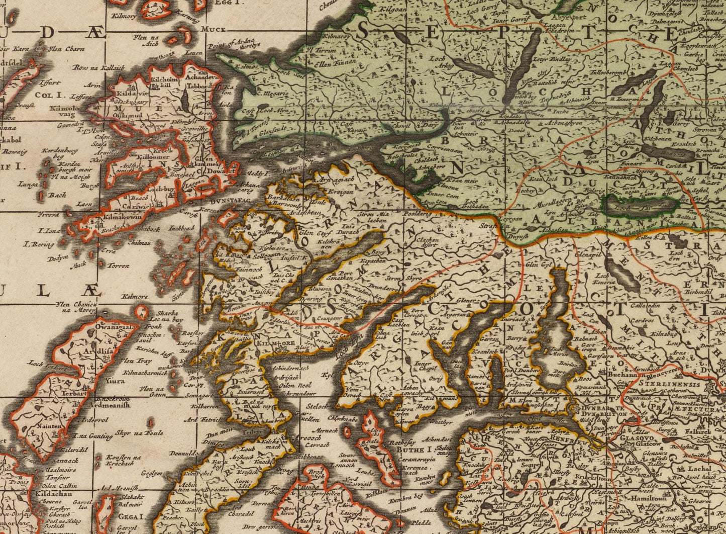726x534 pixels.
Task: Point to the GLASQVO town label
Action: pos(632,437)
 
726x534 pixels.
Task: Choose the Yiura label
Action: pos(115,381)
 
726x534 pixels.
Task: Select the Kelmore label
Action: pos(134,297)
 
